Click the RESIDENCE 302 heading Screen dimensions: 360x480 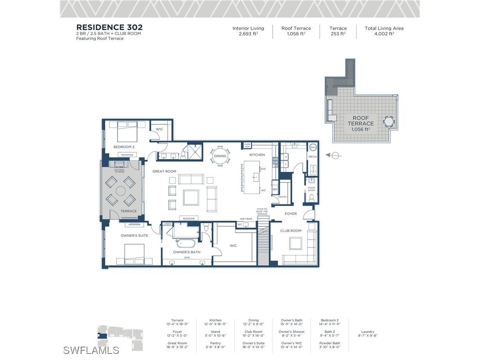(x=109, y=28)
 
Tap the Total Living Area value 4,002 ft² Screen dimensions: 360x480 (x=384, y=34)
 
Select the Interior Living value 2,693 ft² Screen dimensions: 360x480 (x=248, y=34)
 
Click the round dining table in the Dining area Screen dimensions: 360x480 (x=220, y=156)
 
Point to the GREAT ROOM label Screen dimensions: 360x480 (x=164, y=171)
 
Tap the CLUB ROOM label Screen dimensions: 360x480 (x=291, y=231)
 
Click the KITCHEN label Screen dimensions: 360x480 (x=257, y=155)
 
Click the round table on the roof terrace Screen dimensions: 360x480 (x=389, y=121)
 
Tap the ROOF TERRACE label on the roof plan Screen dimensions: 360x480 (x=361, y=121)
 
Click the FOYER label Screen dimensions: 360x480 (x=291, y=214)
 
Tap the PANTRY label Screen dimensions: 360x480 (x=282, y=197)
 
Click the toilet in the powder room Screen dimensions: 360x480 (x=312, y=198)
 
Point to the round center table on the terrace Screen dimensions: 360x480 (x=121, y=191)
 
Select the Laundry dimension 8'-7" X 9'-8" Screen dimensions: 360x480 (x=367, y=336)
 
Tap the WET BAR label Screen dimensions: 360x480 (x=246, y=219)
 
